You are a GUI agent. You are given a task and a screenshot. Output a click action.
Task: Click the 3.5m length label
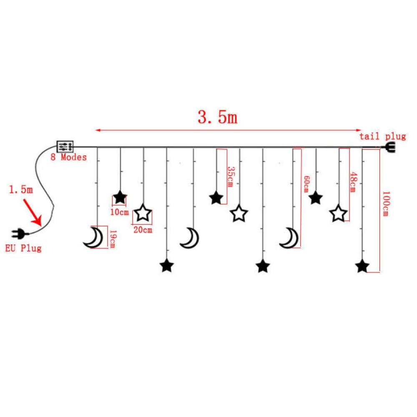217,118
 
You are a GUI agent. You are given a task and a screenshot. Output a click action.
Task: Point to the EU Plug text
23,249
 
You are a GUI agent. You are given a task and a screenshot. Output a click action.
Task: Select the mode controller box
65,146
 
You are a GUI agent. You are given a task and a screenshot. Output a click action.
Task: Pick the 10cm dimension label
119,212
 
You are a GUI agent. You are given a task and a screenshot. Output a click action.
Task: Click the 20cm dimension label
142,229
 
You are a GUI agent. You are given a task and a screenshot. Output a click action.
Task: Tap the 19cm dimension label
112,239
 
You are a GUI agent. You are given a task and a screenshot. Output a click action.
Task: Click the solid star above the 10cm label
120,197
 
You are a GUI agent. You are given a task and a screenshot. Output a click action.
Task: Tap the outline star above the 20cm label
143,214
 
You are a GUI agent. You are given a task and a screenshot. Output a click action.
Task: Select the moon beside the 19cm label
93,238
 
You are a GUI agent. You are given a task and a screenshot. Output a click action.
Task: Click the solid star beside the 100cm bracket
362,266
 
